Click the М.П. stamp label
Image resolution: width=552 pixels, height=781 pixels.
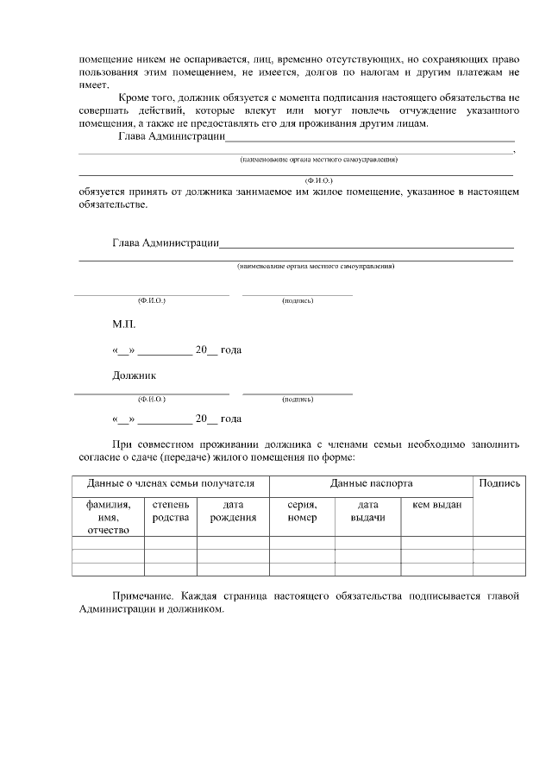point(123,325)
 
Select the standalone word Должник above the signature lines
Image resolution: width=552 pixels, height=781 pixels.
point(134,375)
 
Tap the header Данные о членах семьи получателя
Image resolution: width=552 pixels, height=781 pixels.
point(170,484)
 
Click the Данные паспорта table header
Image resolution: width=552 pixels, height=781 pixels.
point(371,484)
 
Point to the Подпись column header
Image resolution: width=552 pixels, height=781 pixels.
point(499,484)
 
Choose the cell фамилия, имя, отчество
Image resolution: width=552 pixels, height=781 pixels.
point(108,517)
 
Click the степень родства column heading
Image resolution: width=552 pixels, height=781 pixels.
point(170,511)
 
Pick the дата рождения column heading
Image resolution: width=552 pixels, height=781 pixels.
point(233,511)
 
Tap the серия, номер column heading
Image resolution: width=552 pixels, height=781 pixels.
point(302,511)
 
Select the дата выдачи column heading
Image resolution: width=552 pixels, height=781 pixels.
point(367,511)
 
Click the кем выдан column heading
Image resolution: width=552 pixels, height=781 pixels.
point(436,505)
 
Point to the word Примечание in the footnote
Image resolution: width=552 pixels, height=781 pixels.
point(144,596)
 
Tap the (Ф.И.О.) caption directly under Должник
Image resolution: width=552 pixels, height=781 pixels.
point(151,400)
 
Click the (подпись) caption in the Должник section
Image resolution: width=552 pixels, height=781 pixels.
point(297,400)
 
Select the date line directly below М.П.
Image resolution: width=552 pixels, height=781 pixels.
point(176,350)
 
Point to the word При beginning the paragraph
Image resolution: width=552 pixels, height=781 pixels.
point(122,444)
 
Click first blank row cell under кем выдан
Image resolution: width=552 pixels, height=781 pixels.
point(436,543)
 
